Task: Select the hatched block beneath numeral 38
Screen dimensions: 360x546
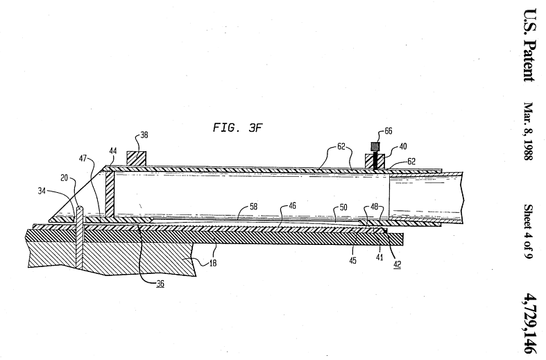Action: click(135, 159)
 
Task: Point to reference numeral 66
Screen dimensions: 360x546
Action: click(389, 131)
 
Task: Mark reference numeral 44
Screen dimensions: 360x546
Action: click(112, 151)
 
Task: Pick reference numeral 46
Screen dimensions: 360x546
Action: click(285, 206)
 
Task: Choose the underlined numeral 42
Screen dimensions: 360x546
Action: click(397, 264)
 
